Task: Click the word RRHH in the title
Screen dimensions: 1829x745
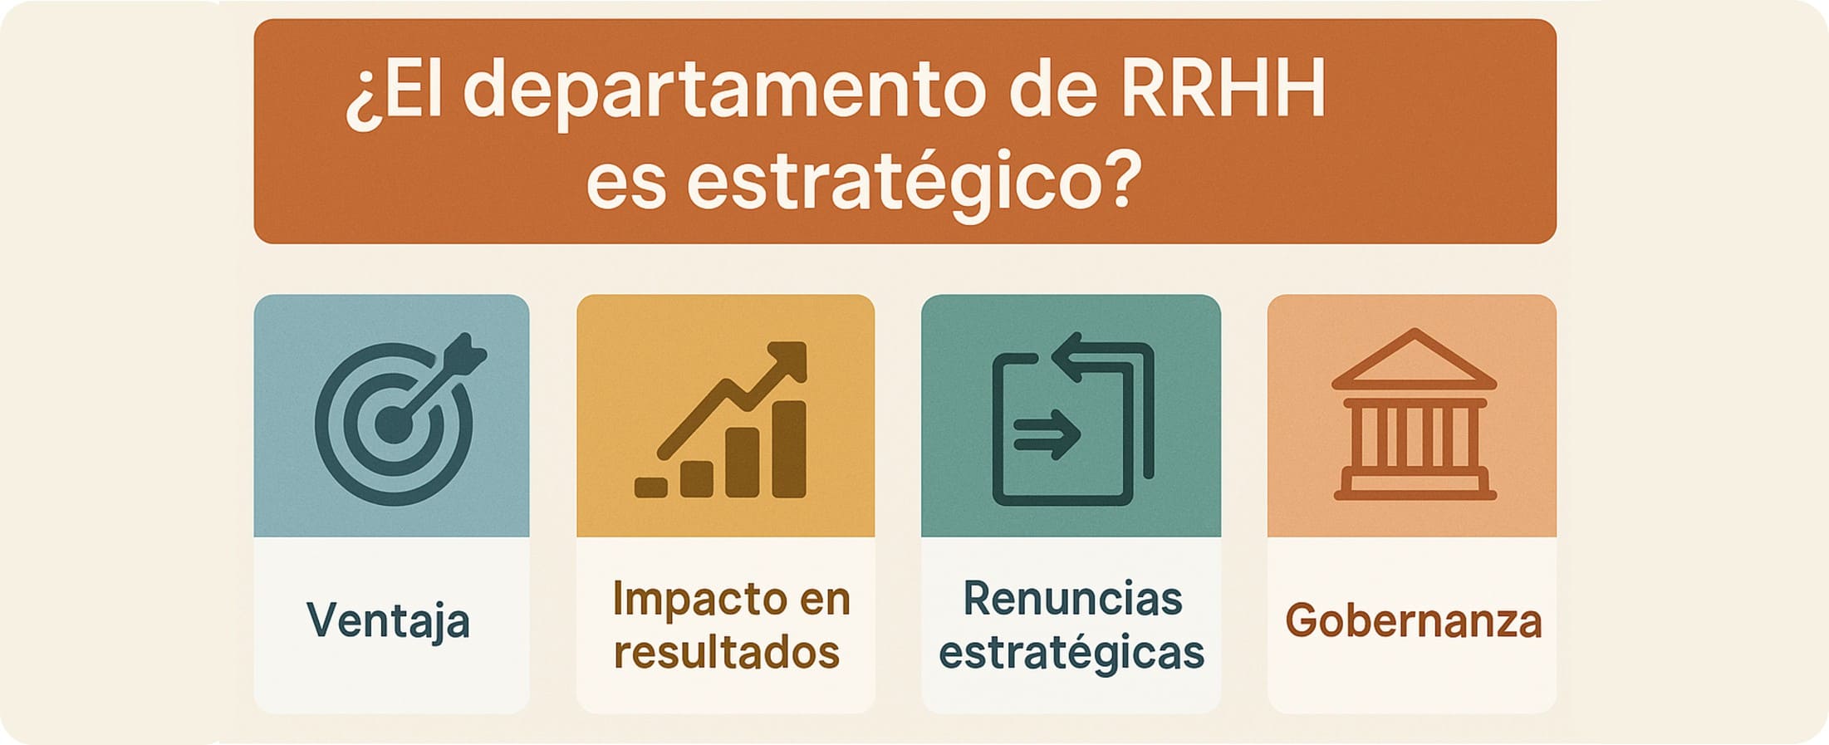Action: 1223,89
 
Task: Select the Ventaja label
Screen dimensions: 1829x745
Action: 388,621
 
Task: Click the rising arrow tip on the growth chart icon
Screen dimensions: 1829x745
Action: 793,355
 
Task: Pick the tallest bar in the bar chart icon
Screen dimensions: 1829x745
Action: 789,449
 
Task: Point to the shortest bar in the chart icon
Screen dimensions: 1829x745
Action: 651,488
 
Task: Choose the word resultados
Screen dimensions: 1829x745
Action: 727,653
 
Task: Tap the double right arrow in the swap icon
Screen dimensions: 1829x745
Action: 1047,434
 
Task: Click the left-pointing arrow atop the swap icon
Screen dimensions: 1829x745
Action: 1080,356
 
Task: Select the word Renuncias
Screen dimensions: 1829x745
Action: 1072,599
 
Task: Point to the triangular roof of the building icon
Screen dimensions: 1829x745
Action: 1414,360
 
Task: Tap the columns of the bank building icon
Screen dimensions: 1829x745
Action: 1415,438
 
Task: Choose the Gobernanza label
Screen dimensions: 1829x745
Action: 1413,621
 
